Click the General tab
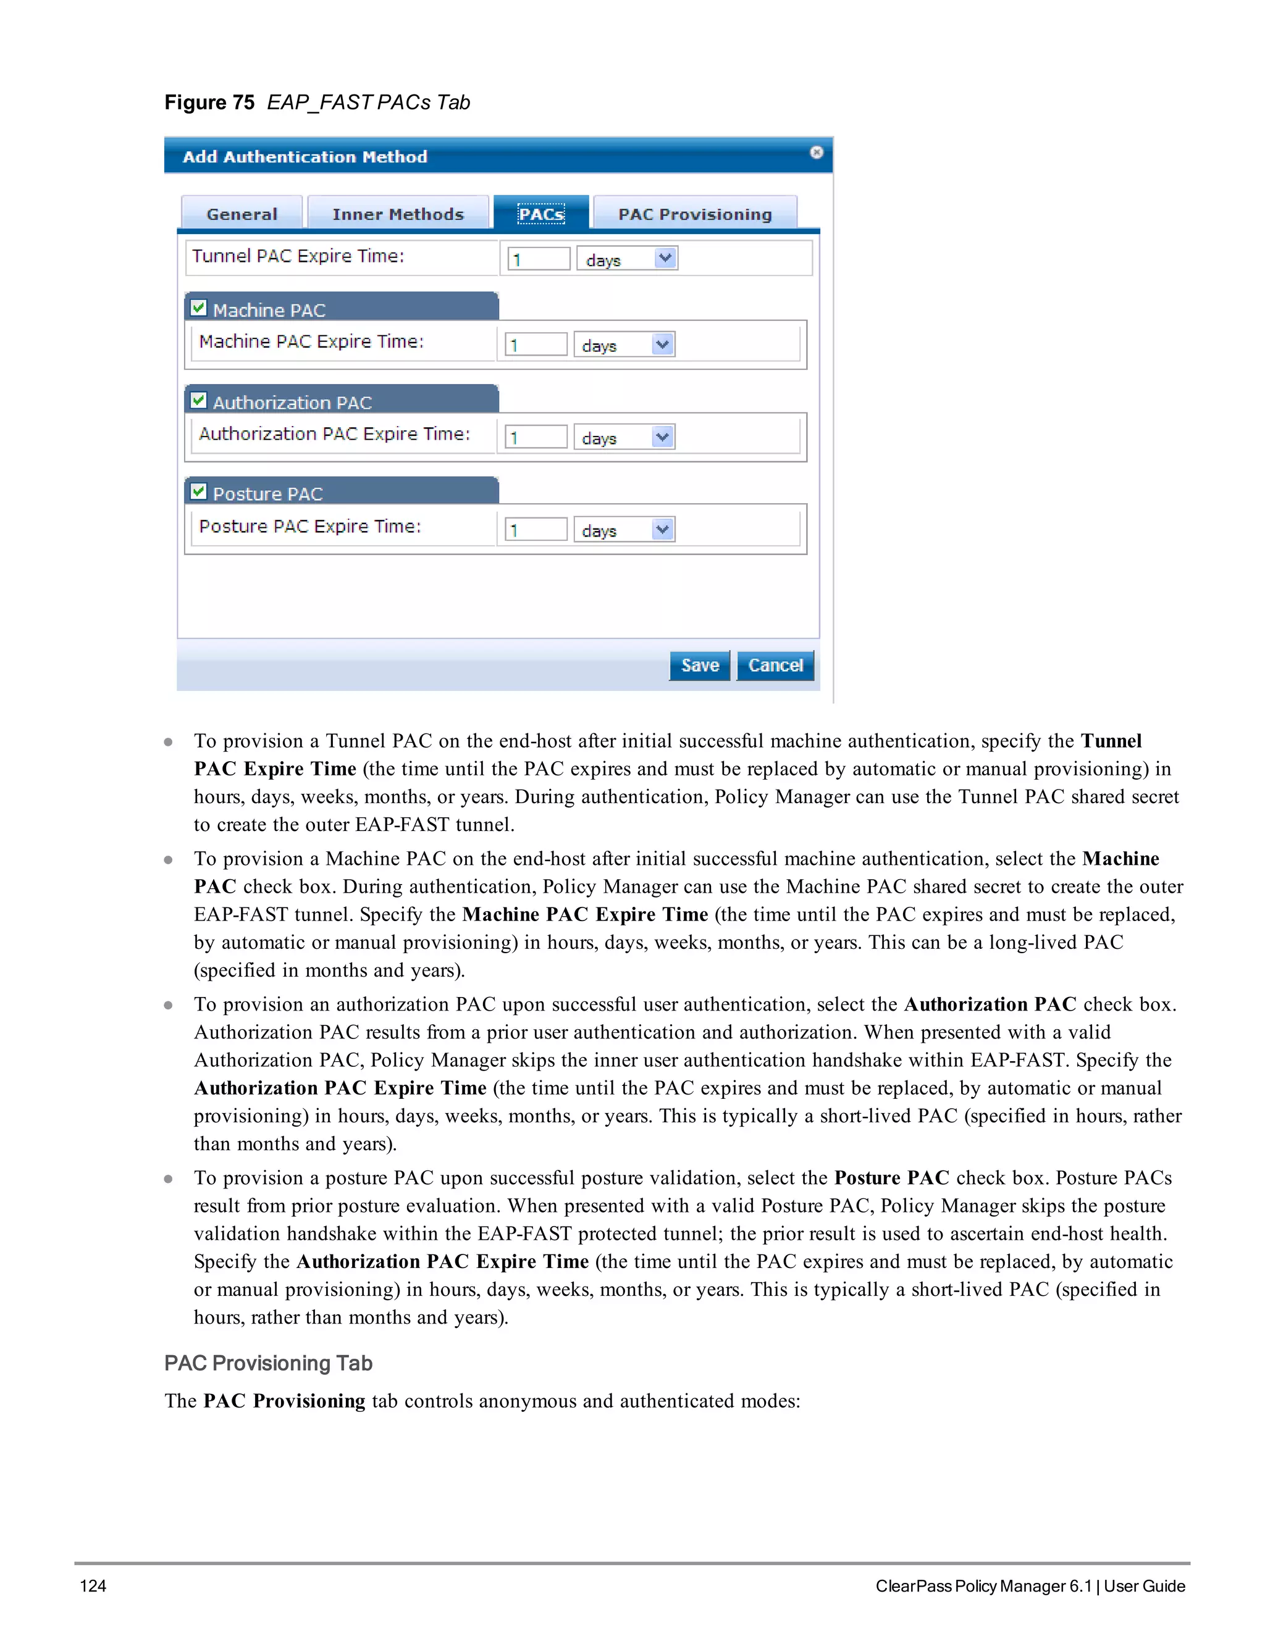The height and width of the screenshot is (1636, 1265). [x=242, y=214]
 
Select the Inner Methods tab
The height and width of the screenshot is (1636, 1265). [x=398, y=214]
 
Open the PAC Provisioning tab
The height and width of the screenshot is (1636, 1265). [x=695, y=214]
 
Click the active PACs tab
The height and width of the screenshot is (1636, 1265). [x=541, y=214]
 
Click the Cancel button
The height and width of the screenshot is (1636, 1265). [x=775, y=665]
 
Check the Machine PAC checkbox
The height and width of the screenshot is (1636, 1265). [x=199, y=308]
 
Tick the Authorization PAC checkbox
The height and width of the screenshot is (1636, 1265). [x=199, y=400]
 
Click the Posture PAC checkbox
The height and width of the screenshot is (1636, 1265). [x=199, y=491]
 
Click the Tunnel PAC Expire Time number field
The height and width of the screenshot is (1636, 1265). [x=539, y=259]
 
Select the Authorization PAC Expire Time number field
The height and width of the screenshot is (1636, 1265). [x=536, y=436]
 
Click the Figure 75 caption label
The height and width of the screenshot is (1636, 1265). [x=317, y=102]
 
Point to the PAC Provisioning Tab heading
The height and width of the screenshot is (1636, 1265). [x=268, y=1363]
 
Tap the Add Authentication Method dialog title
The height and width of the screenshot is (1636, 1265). [x=305, y=157]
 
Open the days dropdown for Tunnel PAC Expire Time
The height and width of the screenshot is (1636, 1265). [x=628, y=259]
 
